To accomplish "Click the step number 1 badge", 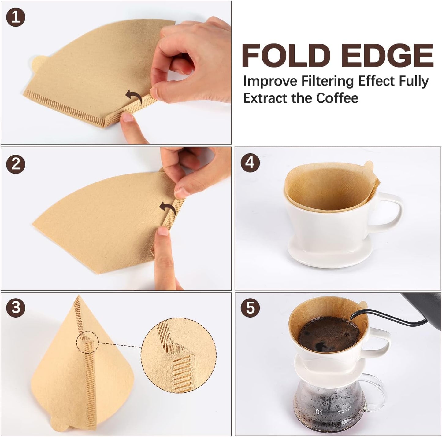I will click(x=16, y=17).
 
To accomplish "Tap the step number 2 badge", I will click(x=16, y=164).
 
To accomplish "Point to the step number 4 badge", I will click(x=250, y=162).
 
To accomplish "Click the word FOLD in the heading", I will click(x=286, y=56).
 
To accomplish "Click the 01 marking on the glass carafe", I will click(x=319, y=412).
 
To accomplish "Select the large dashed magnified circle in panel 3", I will click(x=179, y=355).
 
